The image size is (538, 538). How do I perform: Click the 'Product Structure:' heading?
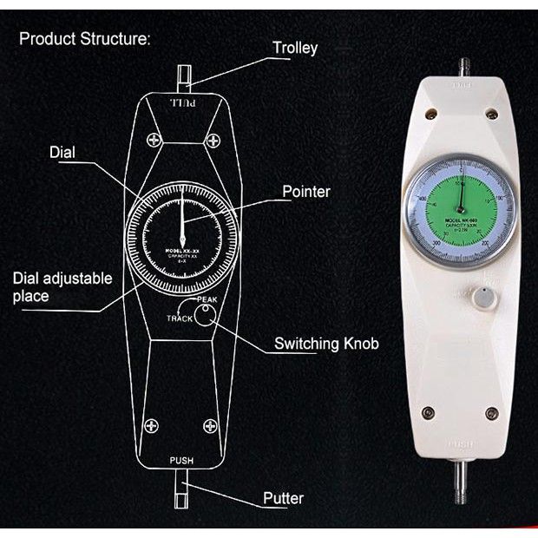(x=85, y=39)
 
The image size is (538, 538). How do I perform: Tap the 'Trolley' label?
(x=295, y=49)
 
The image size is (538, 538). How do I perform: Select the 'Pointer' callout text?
(x=306, y=191)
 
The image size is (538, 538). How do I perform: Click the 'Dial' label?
(x=62, y=153)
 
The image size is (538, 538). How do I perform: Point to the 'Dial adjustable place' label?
(x=62, y=288)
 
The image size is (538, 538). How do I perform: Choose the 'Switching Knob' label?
(x=326, y=344)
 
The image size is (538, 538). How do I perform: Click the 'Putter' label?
(x=283, y=498)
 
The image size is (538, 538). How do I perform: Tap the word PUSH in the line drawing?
(x=181, y=460)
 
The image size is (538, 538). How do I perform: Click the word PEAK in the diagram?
(x=207, y=300)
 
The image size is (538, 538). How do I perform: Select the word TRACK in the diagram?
(x=180, y=318)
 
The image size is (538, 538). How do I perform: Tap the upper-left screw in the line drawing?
(x=154, y=139)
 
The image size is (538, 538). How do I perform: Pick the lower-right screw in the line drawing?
(x=209, y=424)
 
